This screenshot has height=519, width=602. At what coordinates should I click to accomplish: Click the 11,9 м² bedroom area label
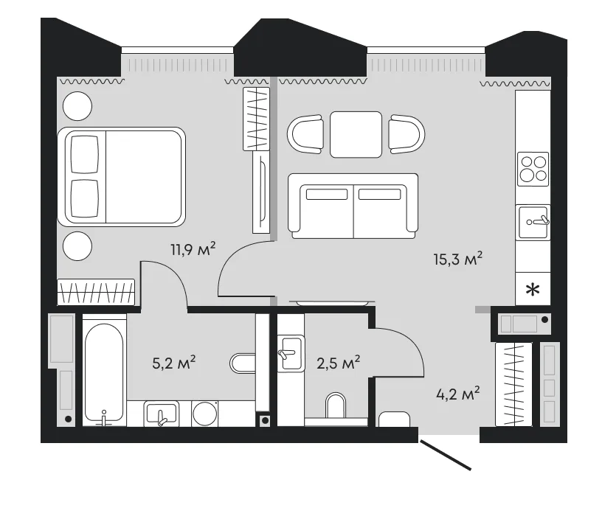point(193,250)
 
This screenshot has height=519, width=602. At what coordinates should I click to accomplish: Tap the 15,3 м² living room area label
point(457,259)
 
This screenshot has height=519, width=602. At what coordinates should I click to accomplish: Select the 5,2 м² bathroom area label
point(174,363)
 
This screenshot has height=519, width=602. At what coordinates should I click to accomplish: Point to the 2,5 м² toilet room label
point(338,363)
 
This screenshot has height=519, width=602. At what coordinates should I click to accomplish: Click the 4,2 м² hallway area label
point(458,394)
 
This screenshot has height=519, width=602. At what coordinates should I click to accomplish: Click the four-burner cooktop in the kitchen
point(533,169)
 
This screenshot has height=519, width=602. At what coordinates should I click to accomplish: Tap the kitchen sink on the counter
point(533,223)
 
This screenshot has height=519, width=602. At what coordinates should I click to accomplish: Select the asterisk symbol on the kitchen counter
point(533,290)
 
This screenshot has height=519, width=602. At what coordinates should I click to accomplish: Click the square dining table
point(356,134)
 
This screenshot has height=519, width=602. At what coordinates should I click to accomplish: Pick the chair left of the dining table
point(305,134)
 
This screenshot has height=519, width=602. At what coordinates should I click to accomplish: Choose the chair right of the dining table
point(406,134)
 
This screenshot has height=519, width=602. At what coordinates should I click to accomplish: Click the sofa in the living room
point(353,206)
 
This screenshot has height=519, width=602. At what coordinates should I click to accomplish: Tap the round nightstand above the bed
point(77,106)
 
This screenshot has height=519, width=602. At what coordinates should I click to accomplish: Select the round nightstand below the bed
point(77,246)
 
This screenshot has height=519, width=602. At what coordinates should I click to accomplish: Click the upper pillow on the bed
point(85,155)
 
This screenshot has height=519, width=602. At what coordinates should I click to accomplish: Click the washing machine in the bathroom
point(205,414)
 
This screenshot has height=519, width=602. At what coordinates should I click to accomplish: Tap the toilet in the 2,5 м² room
point(336,405)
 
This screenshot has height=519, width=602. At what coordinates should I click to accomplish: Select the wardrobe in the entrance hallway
point(513,384)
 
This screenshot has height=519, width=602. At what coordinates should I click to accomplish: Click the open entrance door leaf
point(446,456)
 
